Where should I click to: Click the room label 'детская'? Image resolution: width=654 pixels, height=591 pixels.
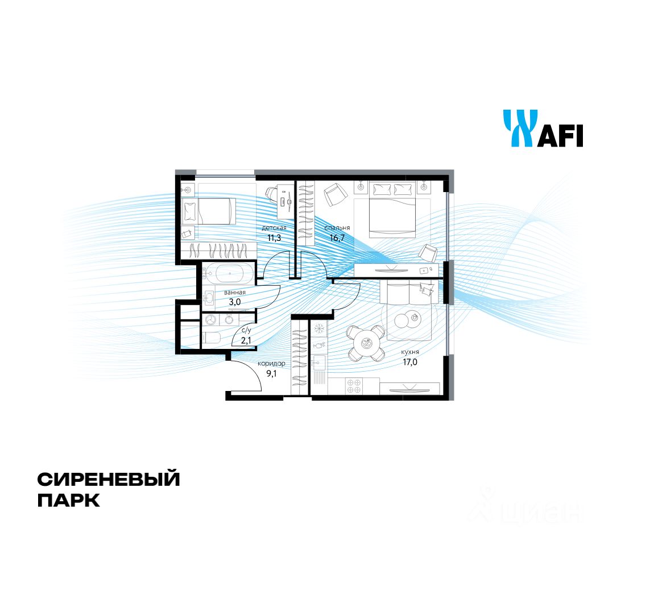click(x=274, y=227)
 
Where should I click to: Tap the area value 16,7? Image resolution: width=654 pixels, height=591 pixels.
click(x=338, y=238)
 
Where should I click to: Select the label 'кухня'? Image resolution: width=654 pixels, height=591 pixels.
click(x=409, y=352)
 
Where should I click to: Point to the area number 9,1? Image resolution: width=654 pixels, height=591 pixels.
click(x=272, y=373)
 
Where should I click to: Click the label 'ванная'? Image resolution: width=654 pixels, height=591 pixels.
click(x=234, y=293)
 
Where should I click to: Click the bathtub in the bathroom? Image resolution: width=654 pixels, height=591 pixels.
click(x=229, y=274)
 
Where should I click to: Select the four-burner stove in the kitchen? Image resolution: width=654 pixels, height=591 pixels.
click(x=354, y=386)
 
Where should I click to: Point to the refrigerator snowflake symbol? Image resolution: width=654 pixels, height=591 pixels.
click(x=320, y=328)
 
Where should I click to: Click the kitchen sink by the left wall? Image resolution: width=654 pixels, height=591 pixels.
click(x=319, y=361)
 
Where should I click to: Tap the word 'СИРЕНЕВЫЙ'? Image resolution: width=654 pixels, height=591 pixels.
click(x=109, y=479)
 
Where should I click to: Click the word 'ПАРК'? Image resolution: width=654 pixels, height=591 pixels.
click(x=68, y=501)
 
